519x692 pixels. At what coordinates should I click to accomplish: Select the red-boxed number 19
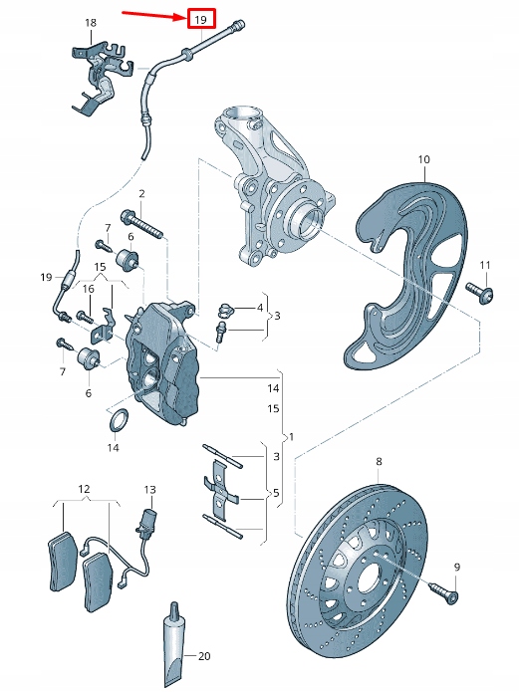pos(200,19)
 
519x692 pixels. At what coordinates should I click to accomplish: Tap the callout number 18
pos(91,22)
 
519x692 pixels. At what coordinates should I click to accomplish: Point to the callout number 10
pos(423,159)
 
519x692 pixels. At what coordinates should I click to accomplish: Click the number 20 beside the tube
pos(205,655)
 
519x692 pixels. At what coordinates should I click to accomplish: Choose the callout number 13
pos(150,490)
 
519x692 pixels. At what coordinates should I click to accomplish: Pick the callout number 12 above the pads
pos(84,489)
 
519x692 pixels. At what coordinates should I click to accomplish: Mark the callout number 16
pos(88,289)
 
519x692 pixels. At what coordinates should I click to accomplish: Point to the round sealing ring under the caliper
pos(117,422)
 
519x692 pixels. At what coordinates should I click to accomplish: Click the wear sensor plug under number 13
pos(150,521)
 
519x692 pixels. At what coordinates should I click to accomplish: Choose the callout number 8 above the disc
pos(379,462)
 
